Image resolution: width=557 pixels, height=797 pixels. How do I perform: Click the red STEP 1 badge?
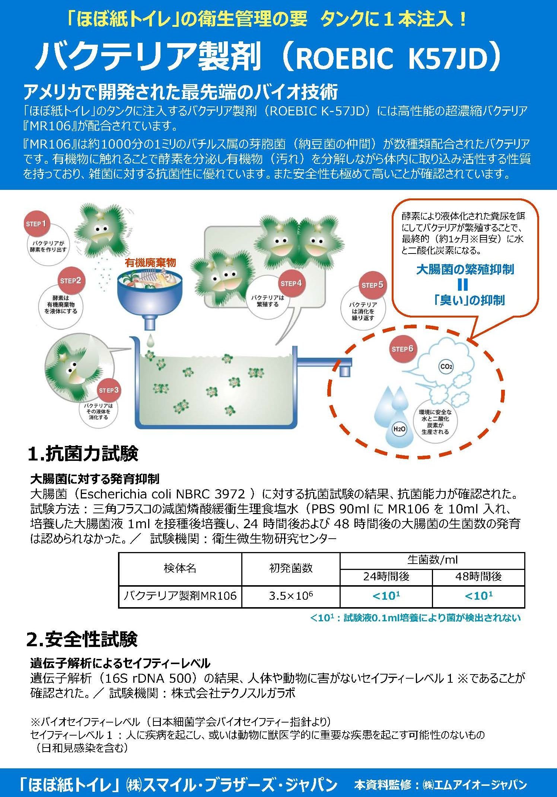coord(36,224)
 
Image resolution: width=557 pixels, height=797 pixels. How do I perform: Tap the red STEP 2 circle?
coord(70,280)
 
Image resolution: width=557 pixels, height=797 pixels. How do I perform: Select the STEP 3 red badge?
coord(109,390)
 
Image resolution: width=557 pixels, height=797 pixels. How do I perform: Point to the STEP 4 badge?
coord(291,283)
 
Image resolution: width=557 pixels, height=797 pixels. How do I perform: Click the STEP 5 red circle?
coord(372,285)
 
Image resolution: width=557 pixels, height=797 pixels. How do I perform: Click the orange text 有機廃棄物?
coord(150,263)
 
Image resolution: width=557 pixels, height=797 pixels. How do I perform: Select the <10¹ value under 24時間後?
coord(386,596)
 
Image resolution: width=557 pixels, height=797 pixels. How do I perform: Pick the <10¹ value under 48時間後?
coord(478,596)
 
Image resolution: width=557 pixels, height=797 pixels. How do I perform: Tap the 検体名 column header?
coord(180,568)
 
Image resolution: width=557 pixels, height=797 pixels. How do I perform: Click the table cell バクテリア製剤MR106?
coord(180,596)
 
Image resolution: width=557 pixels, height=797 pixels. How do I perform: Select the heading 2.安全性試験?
coord(82,639)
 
